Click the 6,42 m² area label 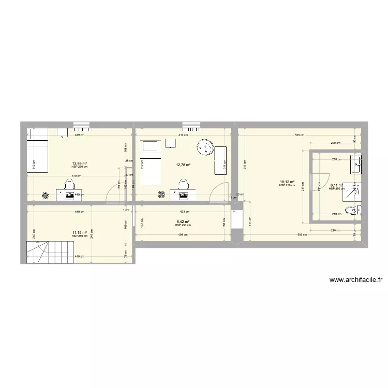pyautogui.click(x=183, y=221)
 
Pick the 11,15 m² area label pyautogui.click(x=80, y=232)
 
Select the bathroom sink pyautogui.click(x=356, y=163)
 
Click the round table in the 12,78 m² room pyautogui.click(x=205, y=147)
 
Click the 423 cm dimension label pyautogui.click(x=184, y=211)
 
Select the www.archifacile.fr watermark pyautogui.click(x=356, y=280)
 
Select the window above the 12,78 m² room pyautogui.click(x=191, y=124)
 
